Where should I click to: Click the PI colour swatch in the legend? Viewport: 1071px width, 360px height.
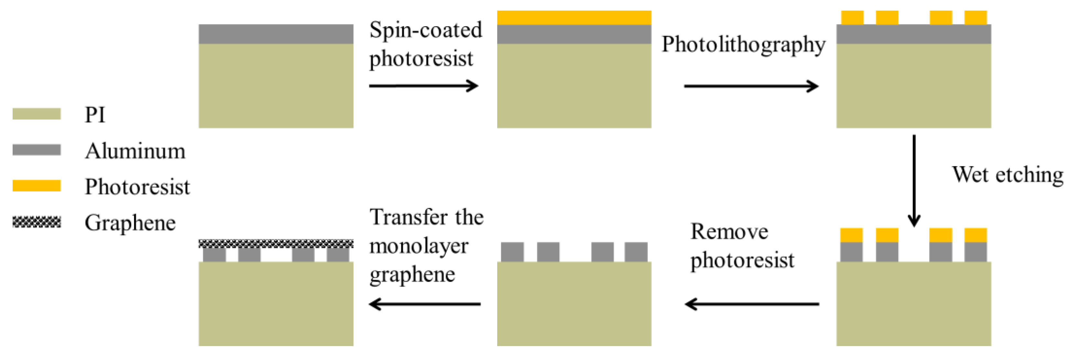(37, 114)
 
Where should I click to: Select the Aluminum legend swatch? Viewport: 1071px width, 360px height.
(37, 150)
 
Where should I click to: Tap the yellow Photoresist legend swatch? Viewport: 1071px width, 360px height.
(37, 186)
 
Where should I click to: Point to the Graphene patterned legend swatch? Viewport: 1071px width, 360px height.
(37, 222)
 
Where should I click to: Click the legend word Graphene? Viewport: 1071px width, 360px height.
(130, 223)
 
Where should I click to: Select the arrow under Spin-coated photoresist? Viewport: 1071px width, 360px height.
(424, 86)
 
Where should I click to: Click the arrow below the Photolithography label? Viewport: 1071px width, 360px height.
(751, 86)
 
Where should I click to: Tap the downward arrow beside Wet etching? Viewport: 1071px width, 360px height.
(914, 180)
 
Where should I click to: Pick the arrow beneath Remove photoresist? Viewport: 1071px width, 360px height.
(752, 304)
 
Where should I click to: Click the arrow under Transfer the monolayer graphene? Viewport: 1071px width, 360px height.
(425, 304)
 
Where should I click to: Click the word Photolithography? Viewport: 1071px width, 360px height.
(743, 45)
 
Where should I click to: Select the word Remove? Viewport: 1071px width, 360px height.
(729, 232)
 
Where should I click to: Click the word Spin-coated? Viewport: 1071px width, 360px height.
(426, 30)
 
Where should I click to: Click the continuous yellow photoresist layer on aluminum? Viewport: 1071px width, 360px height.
(574, 18)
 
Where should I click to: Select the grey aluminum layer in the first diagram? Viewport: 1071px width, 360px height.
(276, 34)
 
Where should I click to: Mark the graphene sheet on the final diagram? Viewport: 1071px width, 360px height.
(276, 244)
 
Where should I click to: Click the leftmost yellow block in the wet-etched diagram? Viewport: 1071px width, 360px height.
(851, 235)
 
